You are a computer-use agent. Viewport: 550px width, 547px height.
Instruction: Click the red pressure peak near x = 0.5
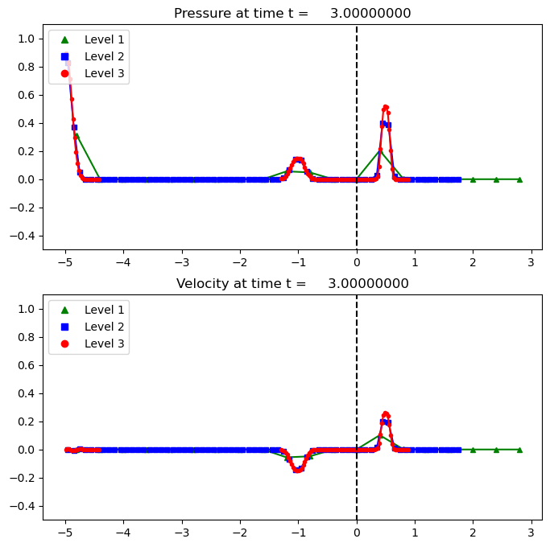point(385,107)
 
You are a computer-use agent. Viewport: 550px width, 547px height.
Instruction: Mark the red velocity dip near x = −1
point(298,470)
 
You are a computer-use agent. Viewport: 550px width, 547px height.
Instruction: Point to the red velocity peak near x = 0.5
point(385,413)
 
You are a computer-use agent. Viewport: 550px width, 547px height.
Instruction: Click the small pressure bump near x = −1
point(298,159)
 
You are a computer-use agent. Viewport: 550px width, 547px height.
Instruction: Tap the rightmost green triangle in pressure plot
point(519,179)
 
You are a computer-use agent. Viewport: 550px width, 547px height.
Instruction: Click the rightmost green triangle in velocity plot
point(519,450)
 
